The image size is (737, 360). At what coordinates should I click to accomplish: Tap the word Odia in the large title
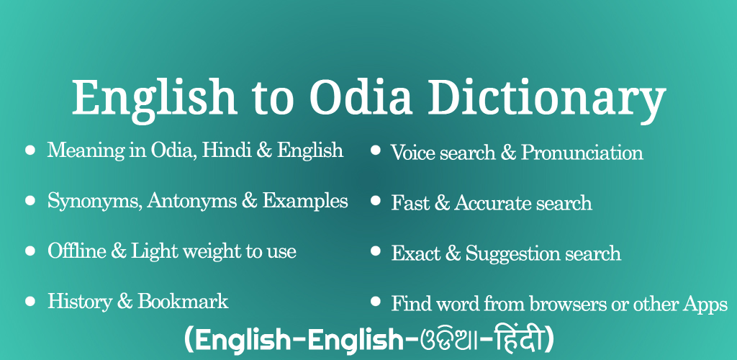361,96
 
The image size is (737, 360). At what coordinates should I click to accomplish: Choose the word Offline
76,251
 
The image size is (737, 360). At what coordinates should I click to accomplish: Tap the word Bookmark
183,301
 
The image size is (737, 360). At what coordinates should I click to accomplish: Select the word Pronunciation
582,153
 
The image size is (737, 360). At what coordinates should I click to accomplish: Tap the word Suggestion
512,254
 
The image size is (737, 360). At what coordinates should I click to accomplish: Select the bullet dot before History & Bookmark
30,301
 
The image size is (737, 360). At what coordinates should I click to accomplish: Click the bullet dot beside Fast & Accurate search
375,201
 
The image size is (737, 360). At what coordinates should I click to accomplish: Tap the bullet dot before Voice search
375,150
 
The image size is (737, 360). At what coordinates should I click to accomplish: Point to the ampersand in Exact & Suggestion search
452,253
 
